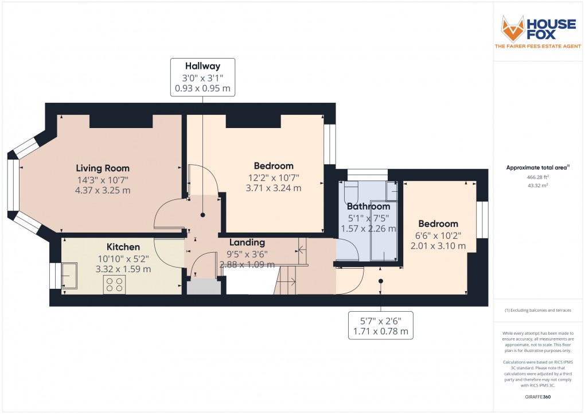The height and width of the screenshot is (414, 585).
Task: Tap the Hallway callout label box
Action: click(202, 77)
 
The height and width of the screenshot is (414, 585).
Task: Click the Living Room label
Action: click(103, 168)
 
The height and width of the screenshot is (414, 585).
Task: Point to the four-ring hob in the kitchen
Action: click(115, 285)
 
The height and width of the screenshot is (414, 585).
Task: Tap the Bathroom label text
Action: click(368, 206)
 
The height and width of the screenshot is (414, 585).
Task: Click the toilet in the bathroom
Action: click(352, 193)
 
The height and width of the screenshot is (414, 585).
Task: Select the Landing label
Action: click(247, 242)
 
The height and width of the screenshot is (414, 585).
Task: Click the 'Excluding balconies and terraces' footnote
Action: click(537, 310)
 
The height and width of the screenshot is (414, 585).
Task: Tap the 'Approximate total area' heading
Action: click(536, 168)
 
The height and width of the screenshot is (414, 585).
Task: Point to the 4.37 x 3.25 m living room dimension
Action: click(103, 190)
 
